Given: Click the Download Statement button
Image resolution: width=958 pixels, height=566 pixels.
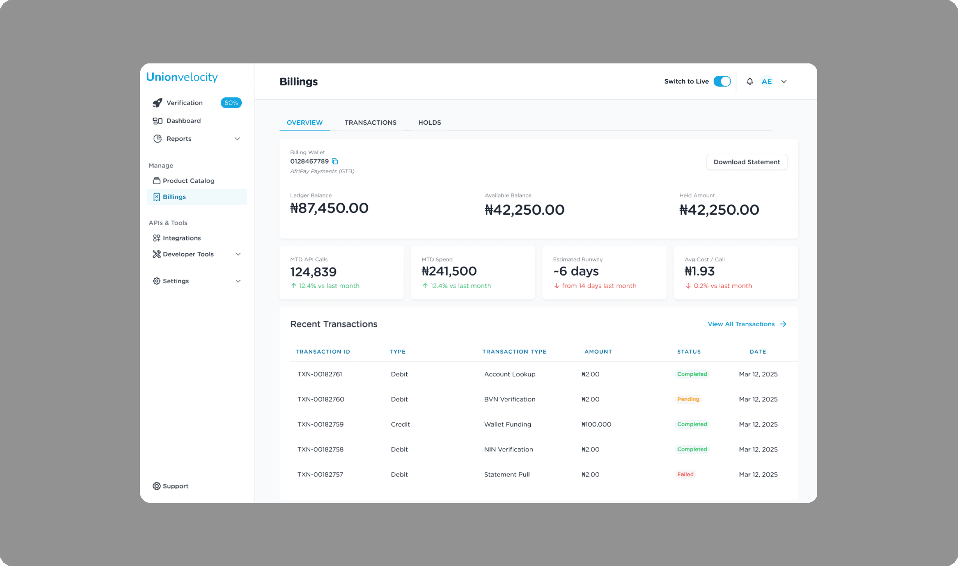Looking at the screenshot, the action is (746, 162).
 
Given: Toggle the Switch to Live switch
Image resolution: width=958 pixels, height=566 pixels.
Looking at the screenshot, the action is (722, 81).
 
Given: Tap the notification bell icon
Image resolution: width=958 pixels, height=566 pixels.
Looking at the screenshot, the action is (749, 81).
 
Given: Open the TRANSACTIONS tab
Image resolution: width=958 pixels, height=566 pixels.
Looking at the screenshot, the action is (370, 122).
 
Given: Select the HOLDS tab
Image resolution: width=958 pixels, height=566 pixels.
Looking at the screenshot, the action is (429, 122).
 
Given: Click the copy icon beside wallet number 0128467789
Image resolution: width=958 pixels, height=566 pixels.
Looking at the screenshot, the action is (335, 161).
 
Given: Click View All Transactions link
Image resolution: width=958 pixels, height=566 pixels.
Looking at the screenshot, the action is (747, 324).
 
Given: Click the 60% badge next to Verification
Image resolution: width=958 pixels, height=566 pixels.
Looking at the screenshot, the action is (231, 103).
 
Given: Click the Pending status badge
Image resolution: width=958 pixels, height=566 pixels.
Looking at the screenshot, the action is (688, 399).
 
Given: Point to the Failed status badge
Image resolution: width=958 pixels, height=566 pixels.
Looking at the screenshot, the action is (685, 475).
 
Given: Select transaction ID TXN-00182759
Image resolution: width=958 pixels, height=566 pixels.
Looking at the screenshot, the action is (320, 424).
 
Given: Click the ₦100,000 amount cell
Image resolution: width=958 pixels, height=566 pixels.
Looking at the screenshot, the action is (596, 424).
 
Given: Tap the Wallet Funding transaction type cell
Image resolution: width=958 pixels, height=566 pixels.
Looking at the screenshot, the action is (507, 424).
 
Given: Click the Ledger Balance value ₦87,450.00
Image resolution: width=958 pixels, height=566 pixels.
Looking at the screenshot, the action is (329, 208).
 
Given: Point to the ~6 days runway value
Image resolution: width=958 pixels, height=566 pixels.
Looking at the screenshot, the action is (576, 271).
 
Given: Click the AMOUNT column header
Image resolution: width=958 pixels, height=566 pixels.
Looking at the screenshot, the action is (598, 352).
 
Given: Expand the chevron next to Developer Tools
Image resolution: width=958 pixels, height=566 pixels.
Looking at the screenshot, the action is (238, 254).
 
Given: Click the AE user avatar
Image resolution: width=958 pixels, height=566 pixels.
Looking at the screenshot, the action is (766, 81).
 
